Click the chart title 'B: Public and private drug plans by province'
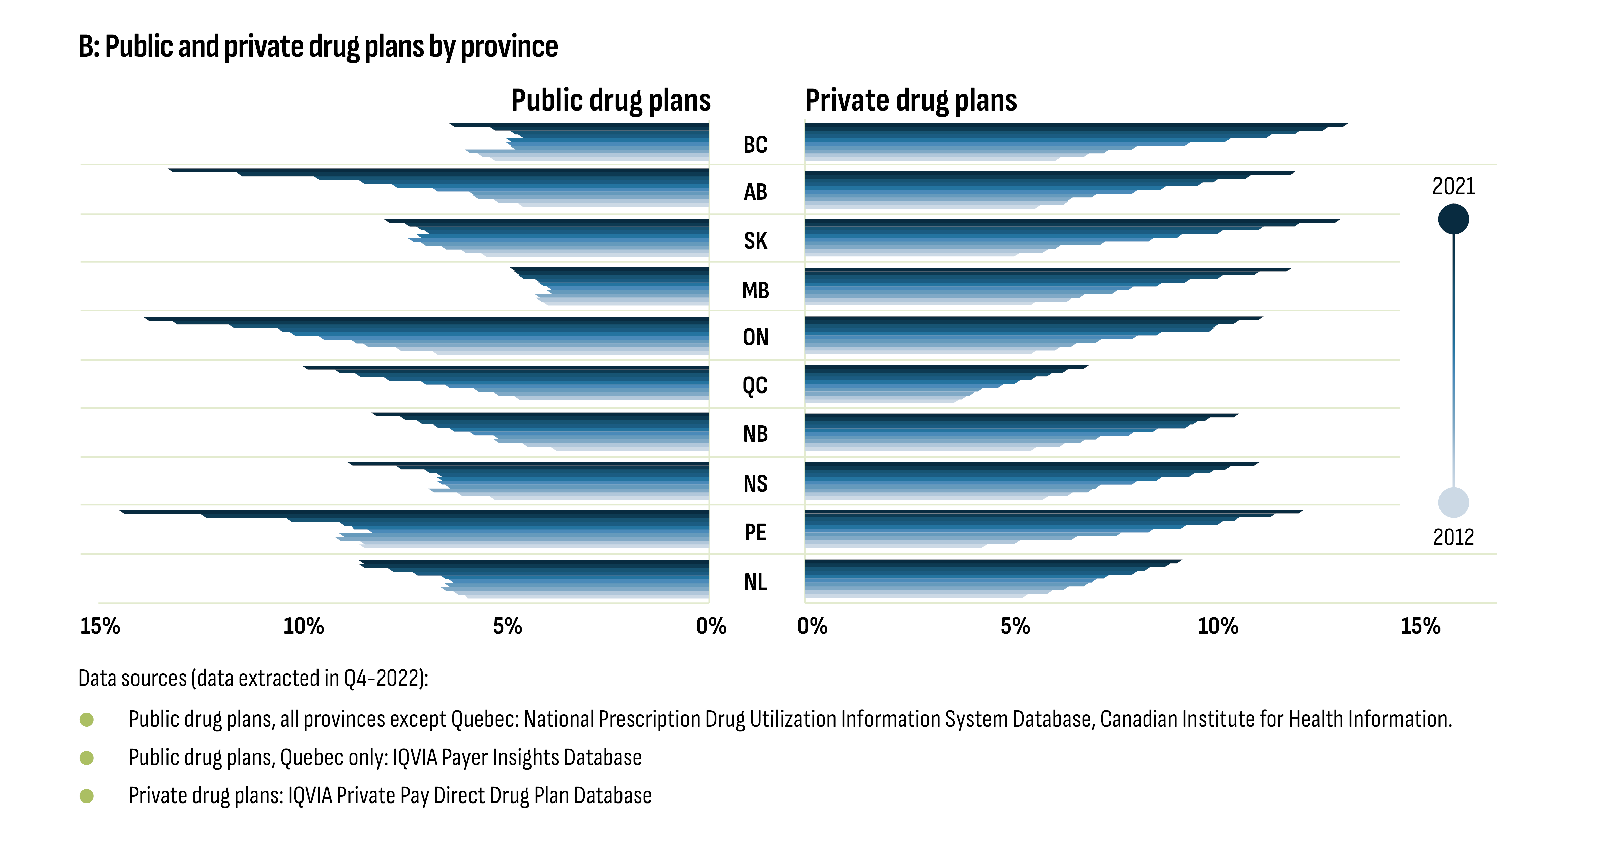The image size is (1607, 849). [318, 47]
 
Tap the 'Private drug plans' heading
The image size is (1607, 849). [911, 100]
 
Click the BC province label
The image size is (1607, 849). [755, 145]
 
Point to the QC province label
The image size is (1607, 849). [755, 385]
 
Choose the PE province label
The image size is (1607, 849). [755, 532]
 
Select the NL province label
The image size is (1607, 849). [755, 582]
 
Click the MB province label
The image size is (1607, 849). [755, 291]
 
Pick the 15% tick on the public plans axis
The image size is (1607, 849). [100, 626]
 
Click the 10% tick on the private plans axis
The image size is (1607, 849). [1217, 626]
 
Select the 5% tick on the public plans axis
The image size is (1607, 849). [507, 626]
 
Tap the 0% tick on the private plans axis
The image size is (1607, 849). [812, 626]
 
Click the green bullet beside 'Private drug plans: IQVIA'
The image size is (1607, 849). [87, 796]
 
